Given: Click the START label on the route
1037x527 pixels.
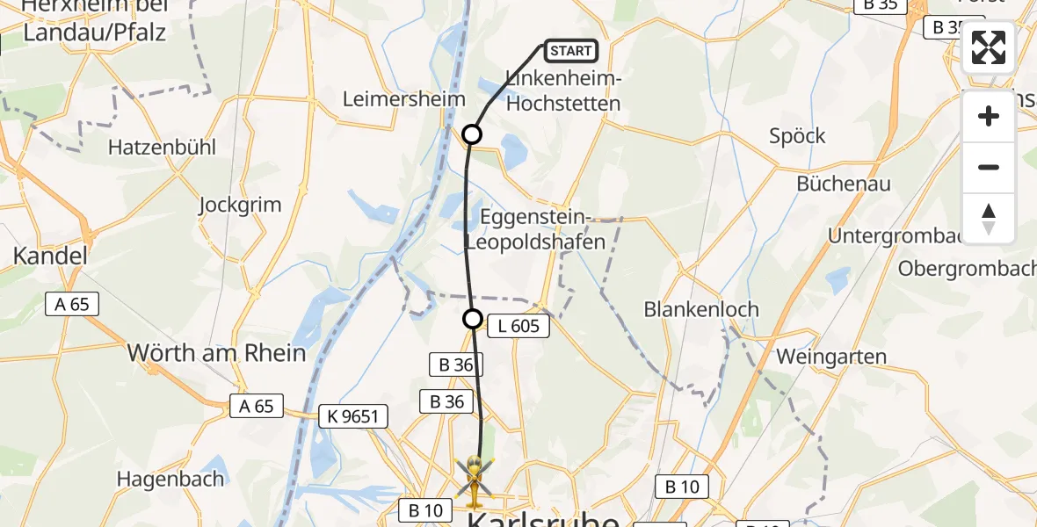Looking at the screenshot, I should click(571, 51).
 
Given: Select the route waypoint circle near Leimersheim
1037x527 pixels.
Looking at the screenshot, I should click(472, 134).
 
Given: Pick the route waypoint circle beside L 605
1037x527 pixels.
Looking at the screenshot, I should click(473, 319).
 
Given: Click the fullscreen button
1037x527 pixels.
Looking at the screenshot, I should click(989, 47).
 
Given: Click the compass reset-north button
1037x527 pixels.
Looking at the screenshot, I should click(989, 219).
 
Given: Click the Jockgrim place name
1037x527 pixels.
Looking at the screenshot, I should click(240, 206).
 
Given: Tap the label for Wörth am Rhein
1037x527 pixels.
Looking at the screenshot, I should click(217, 353).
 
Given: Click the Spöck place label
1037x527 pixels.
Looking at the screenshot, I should click(797, 136).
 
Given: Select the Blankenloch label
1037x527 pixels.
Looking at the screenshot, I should click(701, 310).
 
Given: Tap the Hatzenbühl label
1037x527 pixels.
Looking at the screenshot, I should click(162, 148).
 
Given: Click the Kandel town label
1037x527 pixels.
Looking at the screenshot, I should click(50, 256).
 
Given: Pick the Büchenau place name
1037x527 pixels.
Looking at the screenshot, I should click(844, 184).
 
